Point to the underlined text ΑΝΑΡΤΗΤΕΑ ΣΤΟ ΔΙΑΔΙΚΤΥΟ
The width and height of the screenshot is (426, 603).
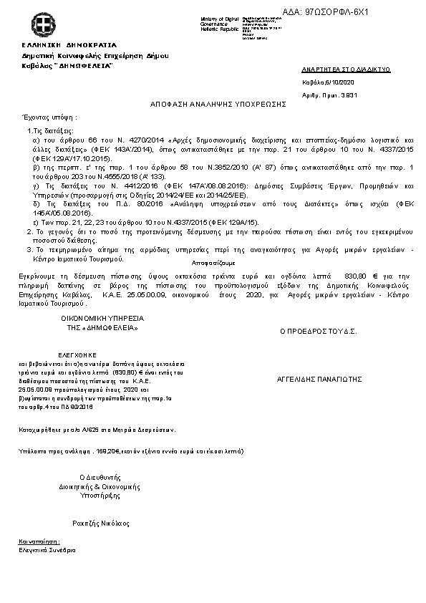(346, 70)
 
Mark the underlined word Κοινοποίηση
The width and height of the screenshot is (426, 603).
(39, 541)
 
